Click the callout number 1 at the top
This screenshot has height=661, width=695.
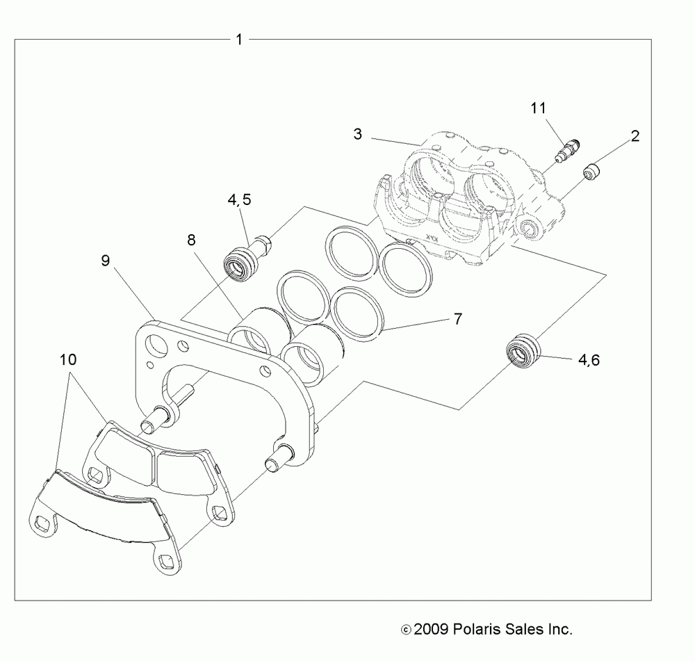[239, 40]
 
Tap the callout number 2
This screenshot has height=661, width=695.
[635, 136]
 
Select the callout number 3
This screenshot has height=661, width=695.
[357, 134]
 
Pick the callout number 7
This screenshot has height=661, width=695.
[457, 319]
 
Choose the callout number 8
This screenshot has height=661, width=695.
[190, 240]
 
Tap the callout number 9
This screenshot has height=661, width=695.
[105, 261]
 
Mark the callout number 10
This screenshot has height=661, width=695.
[68, 360]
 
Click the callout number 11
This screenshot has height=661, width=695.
[538, 108]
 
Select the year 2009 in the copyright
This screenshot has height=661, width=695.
[431, 630]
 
